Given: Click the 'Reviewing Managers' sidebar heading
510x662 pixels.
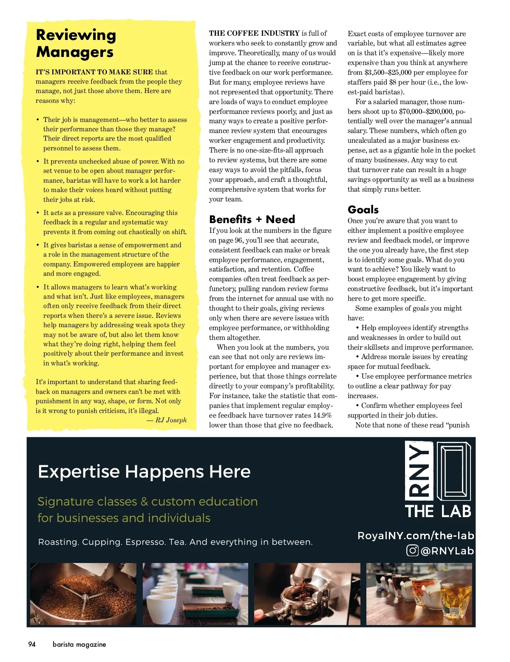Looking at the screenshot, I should (76, 43).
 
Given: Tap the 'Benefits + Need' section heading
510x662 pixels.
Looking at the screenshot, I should (252, 219).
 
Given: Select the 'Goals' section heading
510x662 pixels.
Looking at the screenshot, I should (363, 209).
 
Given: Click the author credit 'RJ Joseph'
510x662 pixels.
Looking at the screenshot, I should (171, 420).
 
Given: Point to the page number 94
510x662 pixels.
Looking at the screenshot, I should (32, 644).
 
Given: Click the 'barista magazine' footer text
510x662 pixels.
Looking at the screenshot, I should (79, 644).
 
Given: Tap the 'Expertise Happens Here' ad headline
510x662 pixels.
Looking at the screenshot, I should (144, 472).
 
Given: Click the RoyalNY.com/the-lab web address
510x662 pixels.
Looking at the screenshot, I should (416, 536).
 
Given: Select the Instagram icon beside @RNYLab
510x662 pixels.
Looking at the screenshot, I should (412, 551).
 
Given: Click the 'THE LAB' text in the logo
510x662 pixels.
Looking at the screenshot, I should (438, 512).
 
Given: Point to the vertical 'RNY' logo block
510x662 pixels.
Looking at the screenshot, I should (419, 471).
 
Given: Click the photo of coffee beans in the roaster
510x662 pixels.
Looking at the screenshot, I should (83, 594).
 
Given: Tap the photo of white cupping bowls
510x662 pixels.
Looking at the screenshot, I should (195, 594).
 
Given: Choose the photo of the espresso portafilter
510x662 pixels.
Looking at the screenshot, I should (307, 594).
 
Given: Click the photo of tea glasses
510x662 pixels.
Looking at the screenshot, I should (419, 594).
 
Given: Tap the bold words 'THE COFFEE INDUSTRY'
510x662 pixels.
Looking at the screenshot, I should (254, 33).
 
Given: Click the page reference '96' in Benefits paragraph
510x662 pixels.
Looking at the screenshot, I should (238, 240).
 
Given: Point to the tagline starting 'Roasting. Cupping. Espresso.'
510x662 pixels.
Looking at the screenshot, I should (175, 542).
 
